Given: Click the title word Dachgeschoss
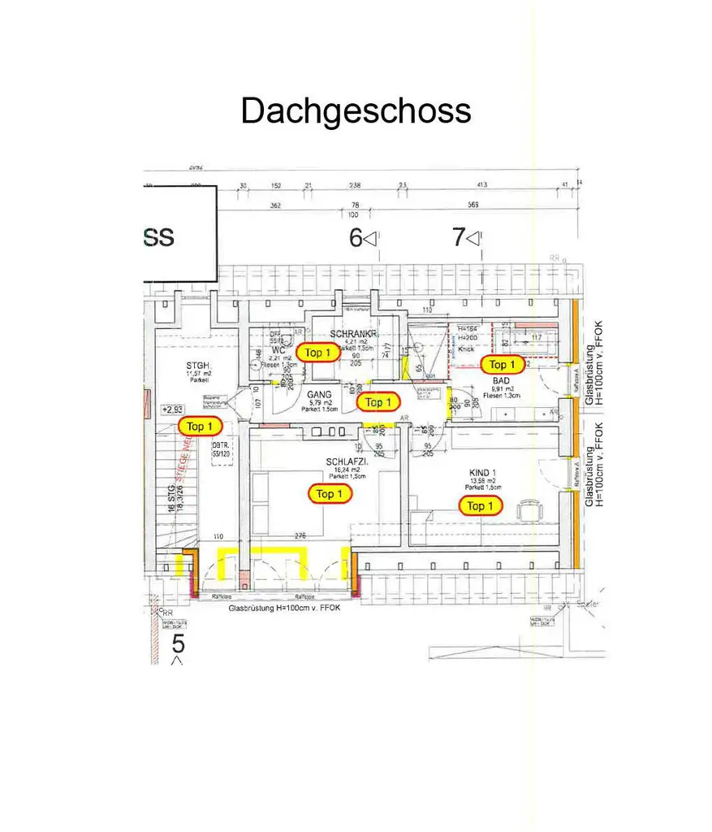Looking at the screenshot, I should [x=356, y=110].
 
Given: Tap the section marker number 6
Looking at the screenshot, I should [x=355, y=238].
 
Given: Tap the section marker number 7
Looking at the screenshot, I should [x=459, y=238].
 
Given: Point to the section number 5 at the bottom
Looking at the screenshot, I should [x=179, y=644].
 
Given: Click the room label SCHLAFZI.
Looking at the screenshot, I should [x=347, y=461].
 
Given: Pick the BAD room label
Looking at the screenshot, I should [x=500, y=379].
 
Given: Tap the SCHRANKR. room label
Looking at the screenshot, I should [x=354, y=334].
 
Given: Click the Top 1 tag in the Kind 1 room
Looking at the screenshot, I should [x=480, y=506].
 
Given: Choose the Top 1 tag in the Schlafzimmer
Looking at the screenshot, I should [x=330, y=494].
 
